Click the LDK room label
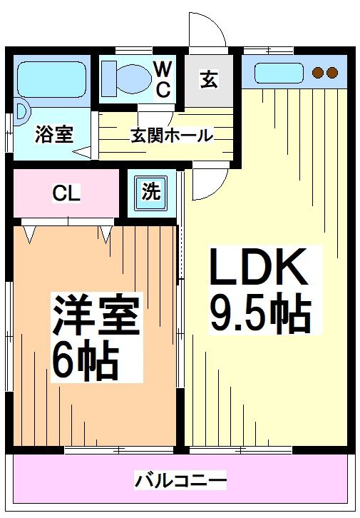click(x=257, y=269)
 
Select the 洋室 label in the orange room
click(x=95, y=315)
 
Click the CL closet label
click(x=66, y=193)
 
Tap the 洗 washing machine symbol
click(x=150, y=191)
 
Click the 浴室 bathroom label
click(x=54, y=134)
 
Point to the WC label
click(x=163, y=79)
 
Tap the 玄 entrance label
click(x=208, y=79)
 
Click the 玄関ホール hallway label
click(x=171, y=135)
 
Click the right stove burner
click(x=332, y=72)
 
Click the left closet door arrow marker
click(x=30, y=232)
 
